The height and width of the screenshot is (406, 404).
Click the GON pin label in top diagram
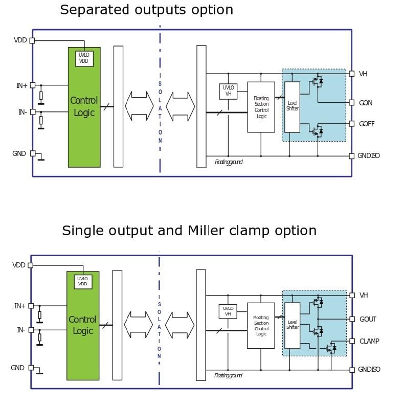365,103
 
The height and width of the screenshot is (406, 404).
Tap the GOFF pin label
366,124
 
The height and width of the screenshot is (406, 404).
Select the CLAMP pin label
369,341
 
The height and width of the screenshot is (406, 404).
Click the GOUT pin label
367,319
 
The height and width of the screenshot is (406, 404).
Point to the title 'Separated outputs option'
146,10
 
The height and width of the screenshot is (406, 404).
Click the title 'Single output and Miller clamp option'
189,231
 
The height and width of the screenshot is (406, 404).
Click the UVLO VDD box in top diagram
84,58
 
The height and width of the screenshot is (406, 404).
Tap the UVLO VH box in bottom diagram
228,311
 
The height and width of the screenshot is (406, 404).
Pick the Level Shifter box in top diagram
292,107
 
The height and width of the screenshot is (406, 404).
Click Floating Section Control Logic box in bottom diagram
261,326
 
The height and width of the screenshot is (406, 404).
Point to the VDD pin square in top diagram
32,40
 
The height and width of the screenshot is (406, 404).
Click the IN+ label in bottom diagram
19,306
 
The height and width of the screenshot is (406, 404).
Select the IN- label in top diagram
23,112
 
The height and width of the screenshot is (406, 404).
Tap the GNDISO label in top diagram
368,156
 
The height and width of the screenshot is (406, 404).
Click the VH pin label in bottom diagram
363,296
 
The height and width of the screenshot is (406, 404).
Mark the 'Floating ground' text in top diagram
229,162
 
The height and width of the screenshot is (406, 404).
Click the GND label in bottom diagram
17,368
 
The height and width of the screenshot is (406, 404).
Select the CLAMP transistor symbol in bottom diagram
331,348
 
